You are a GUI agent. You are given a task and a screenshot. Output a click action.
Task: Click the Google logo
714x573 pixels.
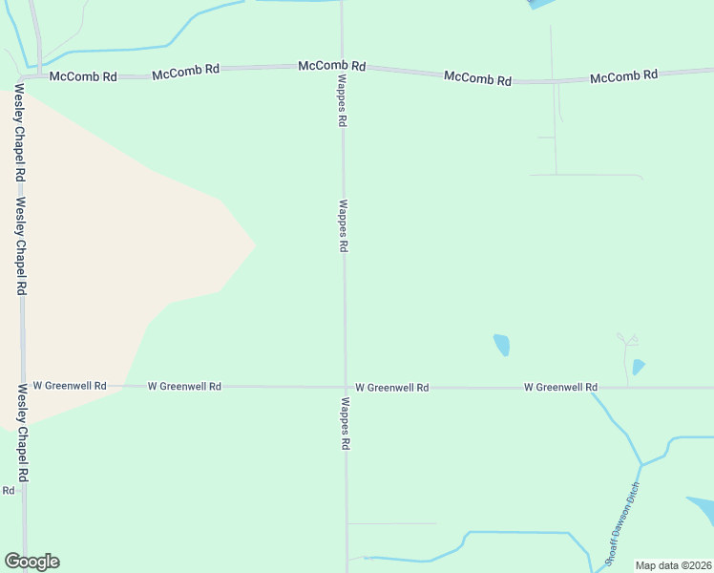[31, 562]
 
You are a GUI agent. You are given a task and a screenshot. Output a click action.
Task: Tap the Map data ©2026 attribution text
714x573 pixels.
[673, 565]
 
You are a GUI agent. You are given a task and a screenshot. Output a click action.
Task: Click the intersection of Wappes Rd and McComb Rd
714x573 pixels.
[342, 67]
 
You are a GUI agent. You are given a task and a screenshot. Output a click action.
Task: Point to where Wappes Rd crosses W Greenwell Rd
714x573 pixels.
[345, 387]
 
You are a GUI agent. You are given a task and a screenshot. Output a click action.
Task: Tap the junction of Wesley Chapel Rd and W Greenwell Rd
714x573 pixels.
[21, 386]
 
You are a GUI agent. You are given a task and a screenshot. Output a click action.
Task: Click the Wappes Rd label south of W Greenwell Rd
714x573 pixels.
[344, 424]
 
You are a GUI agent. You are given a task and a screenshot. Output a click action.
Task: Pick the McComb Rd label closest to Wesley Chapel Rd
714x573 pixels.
[83, 75]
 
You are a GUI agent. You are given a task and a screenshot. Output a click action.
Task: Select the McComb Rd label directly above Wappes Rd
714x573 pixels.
[332, 66]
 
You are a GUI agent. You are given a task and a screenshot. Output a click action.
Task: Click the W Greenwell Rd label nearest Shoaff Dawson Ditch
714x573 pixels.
[560, 387]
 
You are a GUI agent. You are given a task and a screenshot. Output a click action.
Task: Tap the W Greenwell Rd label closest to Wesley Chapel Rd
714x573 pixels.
[70, 386]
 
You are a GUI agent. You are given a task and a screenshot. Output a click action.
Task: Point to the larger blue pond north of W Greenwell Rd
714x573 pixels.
[501, 345]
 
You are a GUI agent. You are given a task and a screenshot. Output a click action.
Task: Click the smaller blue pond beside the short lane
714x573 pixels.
[638, 367]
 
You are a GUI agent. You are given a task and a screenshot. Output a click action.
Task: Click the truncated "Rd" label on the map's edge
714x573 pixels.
[8, 490]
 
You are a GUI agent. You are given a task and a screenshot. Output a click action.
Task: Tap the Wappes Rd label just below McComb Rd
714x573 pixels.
[342, 103]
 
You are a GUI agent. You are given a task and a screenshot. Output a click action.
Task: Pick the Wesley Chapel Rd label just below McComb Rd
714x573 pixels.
[18, 134]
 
